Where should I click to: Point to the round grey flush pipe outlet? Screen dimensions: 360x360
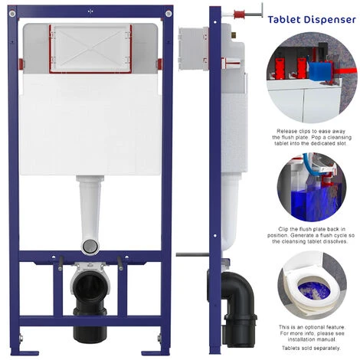point(91,245)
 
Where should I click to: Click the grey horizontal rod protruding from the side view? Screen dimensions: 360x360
point(190,254)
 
